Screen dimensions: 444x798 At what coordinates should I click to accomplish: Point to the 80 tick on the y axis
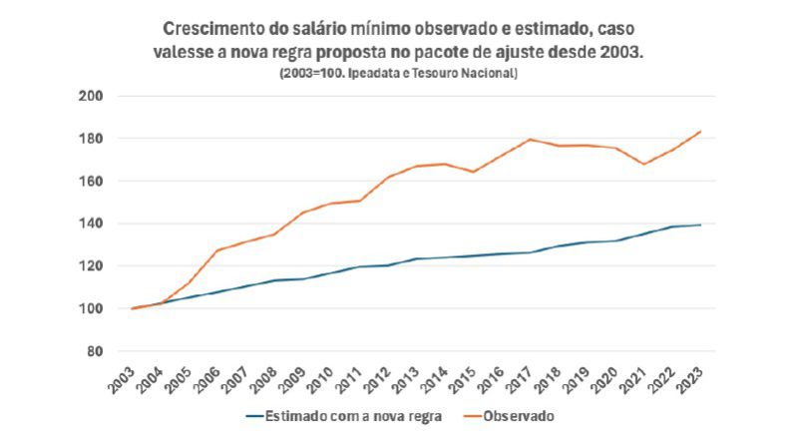click(x=97, y=351)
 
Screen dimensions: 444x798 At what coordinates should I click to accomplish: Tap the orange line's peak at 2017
click(x=532, y=140)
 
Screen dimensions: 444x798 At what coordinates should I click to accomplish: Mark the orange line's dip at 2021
click(x=647, y=164)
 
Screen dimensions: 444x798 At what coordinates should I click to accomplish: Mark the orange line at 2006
click(x=218, y=250)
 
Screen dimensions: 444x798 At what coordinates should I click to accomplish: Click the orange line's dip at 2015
click(x=474, y=172)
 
